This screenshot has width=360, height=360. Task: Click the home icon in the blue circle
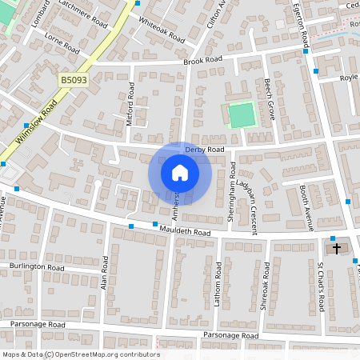point(180,172)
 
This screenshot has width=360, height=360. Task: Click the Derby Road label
point(205,150)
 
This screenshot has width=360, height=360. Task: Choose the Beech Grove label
point(270,99)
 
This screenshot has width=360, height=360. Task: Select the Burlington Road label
point(36,266)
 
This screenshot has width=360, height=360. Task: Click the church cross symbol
point(336,249)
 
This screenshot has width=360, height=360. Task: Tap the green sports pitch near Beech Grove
point(241,115)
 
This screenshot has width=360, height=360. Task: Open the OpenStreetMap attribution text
point(81,354)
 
